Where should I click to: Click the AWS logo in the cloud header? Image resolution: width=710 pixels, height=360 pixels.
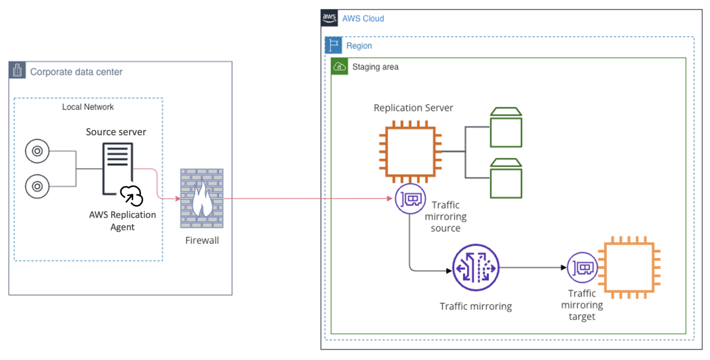[x=330, y=18]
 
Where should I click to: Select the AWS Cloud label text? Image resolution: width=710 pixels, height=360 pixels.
[x=363, y=18]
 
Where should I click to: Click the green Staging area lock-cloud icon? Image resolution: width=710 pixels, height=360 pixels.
[x=340, y=66]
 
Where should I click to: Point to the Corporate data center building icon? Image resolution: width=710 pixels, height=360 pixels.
[x=18, y=71]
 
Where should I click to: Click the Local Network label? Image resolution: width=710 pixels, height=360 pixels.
[x=88, y=107]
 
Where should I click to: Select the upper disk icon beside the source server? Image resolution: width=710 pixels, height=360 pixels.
[x=37, y=151]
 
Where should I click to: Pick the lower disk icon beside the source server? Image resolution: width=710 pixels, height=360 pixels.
[x=37, y=186]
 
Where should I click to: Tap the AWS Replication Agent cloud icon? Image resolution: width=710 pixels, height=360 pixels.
[x=131, y=196]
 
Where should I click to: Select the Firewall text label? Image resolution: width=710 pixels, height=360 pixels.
[x=202, y=241]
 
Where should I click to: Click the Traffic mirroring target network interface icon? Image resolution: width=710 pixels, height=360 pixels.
[x=582, y=267]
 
